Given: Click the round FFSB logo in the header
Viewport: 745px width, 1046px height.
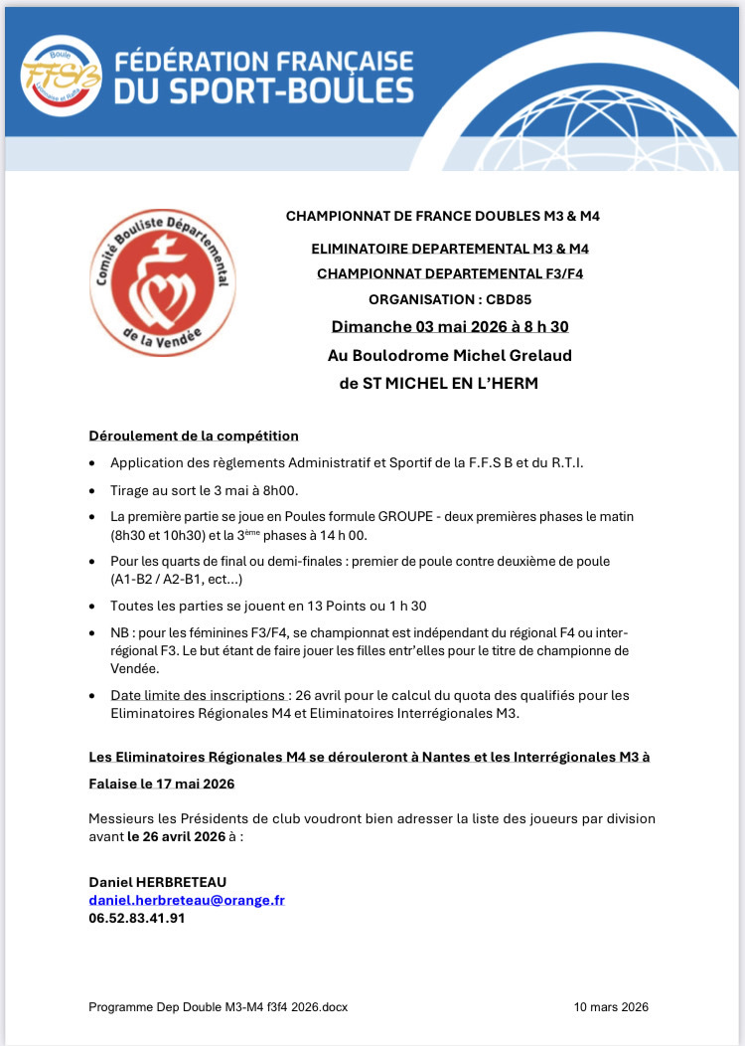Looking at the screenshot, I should tap(61, 76).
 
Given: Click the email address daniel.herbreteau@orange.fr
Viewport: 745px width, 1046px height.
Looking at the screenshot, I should tap(187, 900).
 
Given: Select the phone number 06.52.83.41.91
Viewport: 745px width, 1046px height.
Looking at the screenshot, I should tap(137, 918).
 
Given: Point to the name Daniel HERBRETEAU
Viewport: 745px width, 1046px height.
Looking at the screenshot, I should tap(157, 882).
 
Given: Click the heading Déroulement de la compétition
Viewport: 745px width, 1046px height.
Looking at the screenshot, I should tap(194, 436).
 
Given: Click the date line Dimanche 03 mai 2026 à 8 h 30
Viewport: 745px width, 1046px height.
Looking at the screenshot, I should tap(449, 327).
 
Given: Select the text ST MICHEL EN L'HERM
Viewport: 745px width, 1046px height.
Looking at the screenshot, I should tap(452, 384).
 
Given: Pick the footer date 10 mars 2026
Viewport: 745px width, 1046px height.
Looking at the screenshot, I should tap(611, 1007).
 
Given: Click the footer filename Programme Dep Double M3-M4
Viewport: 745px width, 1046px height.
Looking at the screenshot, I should tap(218, 1007).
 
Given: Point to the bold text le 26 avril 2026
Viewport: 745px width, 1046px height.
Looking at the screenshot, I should tap(176, 836).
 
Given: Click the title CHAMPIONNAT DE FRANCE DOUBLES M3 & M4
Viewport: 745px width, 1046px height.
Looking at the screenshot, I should tap(443, 216).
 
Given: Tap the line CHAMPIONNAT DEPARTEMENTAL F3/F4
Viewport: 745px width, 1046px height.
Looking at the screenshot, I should tap(449, 273).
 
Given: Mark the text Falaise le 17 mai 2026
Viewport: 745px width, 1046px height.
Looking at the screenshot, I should tap(162, 784).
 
